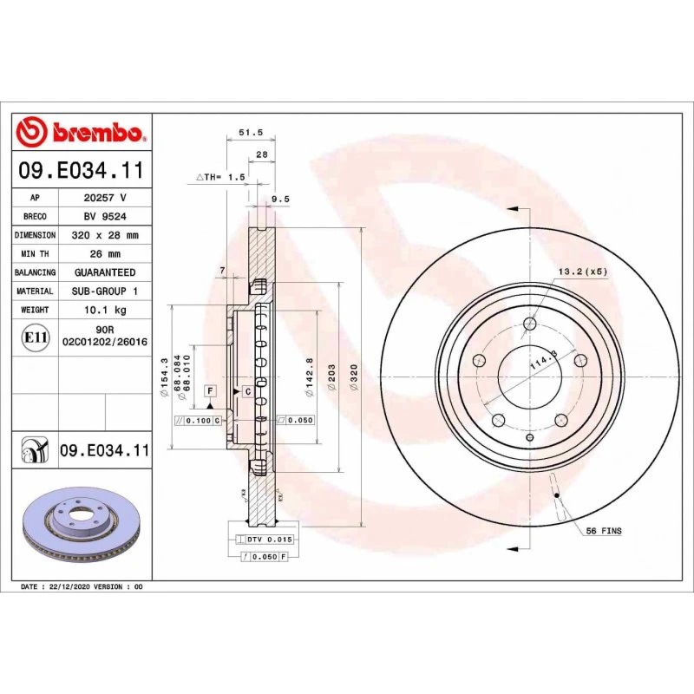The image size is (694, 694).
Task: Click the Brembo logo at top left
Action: tap(82, 132)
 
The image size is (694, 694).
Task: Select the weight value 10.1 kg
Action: tap(105, 310)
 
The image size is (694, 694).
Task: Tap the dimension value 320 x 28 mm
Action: tap(105, 235)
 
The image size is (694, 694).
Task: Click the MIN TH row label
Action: tap(35, 254)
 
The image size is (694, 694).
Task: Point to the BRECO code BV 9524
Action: tap(105, 217)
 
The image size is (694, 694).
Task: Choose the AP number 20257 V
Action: tap(105, 198)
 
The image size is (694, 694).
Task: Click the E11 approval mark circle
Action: tap(35, 337)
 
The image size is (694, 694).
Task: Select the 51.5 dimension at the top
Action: tap(251, 134)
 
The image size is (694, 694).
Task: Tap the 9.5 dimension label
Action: tap(280, 199)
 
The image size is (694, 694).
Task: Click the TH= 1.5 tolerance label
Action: tap(221, 176)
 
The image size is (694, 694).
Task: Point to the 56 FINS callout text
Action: tap(604, 530)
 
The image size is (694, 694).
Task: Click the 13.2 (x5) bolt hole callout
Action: tap(582, 272)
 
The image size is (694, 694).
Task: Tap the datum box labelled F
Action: tap(210, 391)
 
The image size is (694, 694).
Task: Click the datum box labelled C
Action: tap(247, 391)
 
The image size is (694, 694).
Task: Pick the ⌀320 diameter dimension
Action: tap(354, 375)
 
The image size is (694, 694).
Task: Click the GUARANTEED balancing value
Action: tap(105, 272)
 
